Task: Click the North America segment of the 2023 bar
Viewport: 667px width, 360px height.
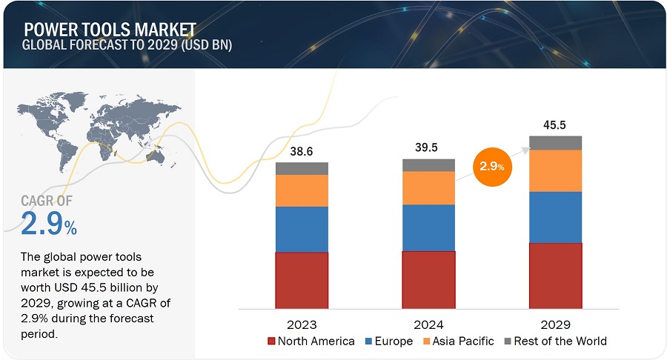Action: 302,280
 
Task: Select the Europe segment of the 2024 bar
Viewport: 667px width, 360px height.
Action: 428,227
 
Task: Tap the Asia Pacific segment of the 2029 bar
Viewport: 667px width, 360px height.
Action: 555,170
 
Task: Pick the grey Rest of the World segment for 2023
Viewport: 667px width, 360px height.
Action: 302,168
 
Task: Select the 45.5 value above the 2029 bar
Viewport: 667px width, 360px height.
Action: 554,124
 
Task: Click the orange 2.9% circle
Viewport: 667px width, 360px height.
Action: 491,166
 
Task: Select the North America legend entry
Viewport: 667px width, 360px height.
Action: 312,341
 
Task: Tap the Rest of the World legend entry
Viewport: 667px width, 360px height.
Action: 555,341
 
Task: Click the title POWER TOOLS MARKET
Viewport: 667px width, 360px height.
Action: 110,29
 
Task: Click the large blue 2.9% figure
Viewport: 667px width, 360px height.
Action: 49,224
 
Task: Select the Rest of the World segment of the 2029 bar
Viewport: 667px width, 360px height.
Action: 555,143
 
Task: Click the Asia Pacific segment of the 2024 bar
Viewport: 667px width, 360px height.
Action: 428,187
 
